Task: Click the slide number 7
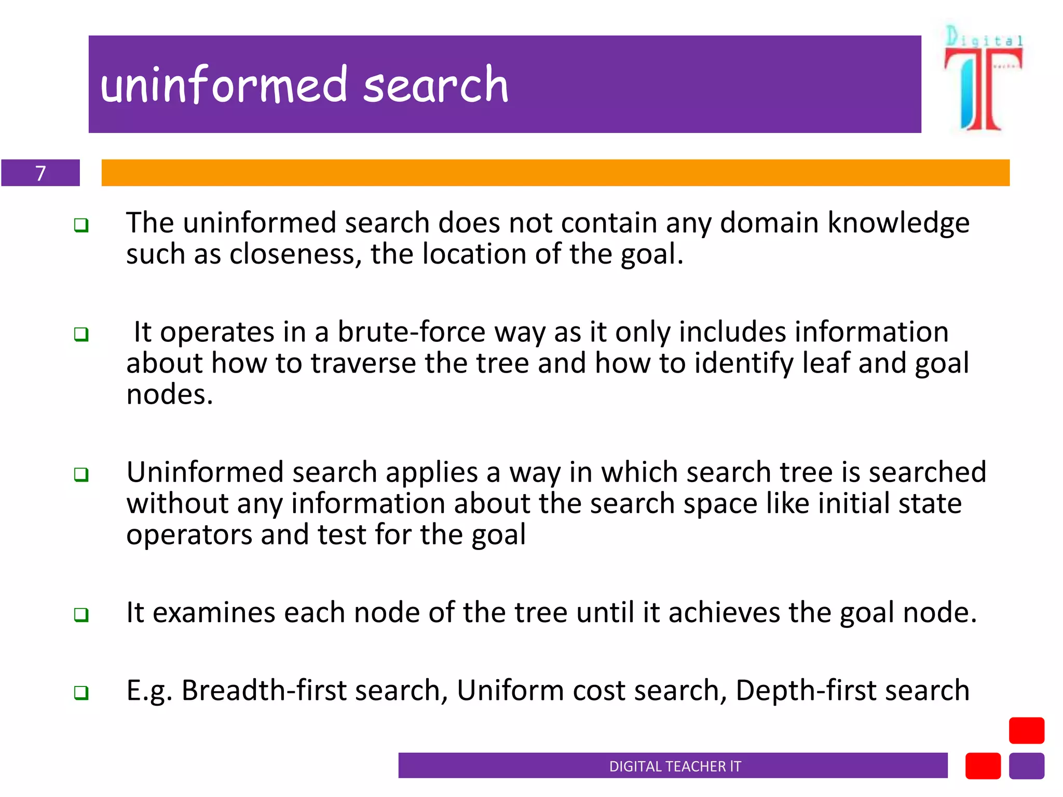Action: point(40,173)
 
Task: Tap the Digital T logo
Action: point(983,78)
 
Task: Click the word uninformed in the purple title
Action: point(224,85)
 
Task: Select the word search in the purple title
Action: point(435,85)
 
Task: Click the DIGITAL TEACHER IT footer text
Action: point(675,766)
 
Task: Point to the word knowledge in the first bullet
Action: point(898,223)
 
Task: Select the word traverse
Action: point(363,363)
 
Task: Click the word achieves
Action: point(724,613)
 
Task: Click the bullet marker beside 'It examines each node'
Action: point(81,615)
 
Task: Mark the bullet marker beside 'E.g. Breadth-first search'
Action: point(81,693)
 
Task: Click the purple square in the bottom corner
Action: point(1026,766)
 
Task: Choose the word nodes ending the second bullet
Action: point(169,395)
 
